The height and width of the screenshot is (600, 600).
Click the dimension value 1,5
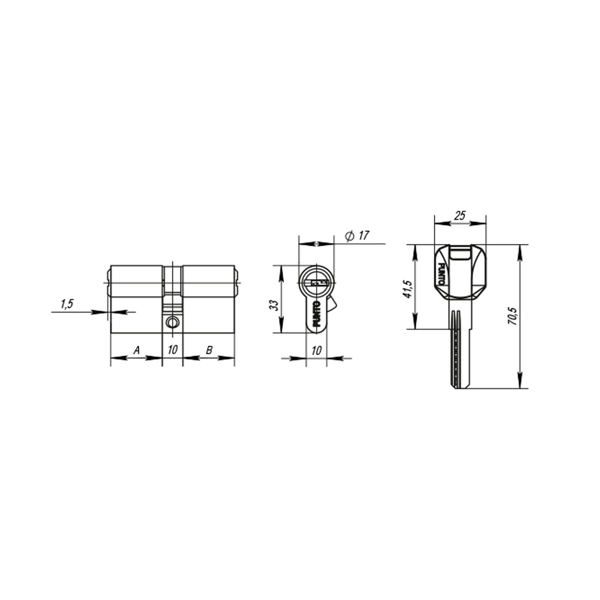(67, 304)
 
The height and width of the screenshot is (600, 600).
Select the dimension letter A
(136, 350)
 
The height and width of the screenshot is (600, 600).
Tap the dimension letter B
(209, 350)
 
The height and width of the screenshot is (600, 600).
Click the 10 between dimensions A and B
(172, 350)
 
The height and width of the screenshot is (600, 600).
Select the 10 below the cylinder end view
(316, 351)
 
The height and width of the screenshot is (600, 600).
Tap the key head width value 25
(460, 215)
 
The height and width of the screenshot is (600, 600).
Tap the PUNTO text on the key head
(440, 274)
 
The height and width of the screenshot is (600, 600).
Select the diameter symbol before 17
(349, 236)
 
